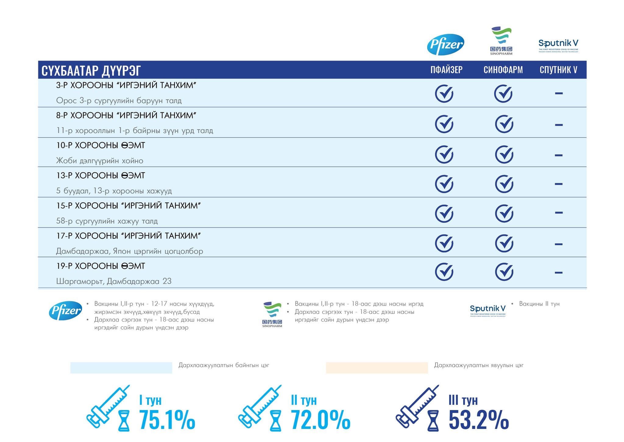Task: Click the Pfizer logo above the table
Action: click(x=445, y=44)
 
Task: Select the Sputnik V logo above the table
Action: click(x=558, y=45)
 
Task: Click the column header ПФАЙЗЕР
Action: click(x=446, y=70)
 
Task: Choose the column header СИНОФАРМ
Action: click(x=503, y=70)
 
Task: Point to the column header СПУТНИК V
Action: click(x=558, y=70)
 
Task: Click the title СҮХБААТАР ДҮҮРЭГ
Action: click(x=91, y=71)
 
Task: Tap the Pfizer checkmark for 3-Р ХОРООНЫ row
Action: click(x=444, y=93)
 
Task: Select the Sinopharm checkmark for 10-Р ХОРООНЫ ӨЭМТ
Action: click(x=504, y=154)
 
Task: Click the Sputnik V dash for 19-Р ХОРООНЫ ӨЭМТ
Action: click(x=558, y=273)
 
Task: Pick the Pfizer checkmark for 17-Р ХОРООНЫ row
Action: click(x=444, y=243)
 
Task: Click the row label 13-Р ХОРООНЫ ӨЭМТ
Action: click(x=101, y=175)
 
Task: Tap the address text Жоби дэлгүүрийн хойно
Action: click(x=100, y=160)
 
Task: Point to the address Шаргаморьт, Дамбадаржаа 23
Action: click(x=114, y=281)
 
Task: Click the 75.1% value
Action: click(x=167, y=420)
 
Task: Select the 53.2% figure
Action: click(x=478, y=420)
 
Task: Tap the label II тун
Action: click(x=304, y=400)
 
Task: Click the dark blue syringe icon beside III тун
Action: click(x=417, y=406)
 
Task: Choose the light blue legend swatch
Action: click(x=121, y=367)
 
